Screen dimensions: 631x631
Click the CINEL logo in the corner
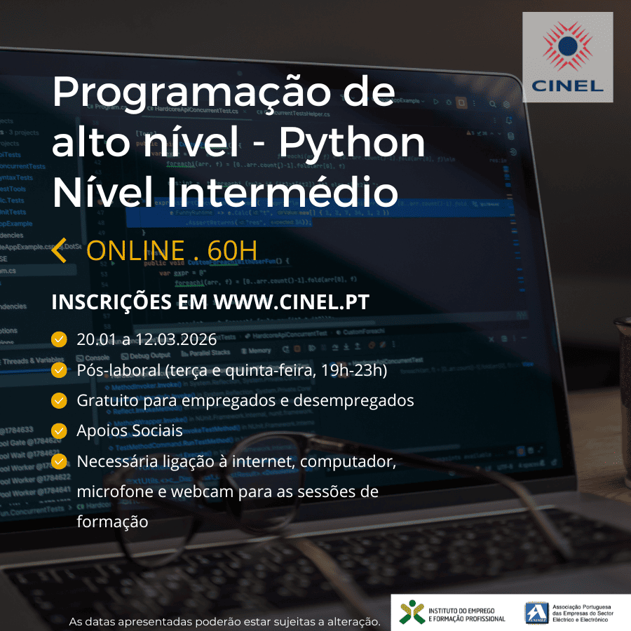coord(567,57)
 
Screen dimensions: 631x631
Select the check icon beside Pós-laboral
coord(60,370)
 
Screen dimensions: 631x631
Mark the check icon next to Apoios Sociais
coord(60,430)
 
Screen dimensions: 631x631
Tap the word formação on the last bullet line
coord(112,522)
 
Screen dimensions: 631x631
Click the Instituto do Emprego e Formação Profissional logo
coord(452,611)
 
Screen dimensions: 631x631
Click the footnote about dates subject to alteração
coord(224,622)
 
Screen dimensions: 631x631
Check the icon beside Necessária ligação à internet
coord(60,461)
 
